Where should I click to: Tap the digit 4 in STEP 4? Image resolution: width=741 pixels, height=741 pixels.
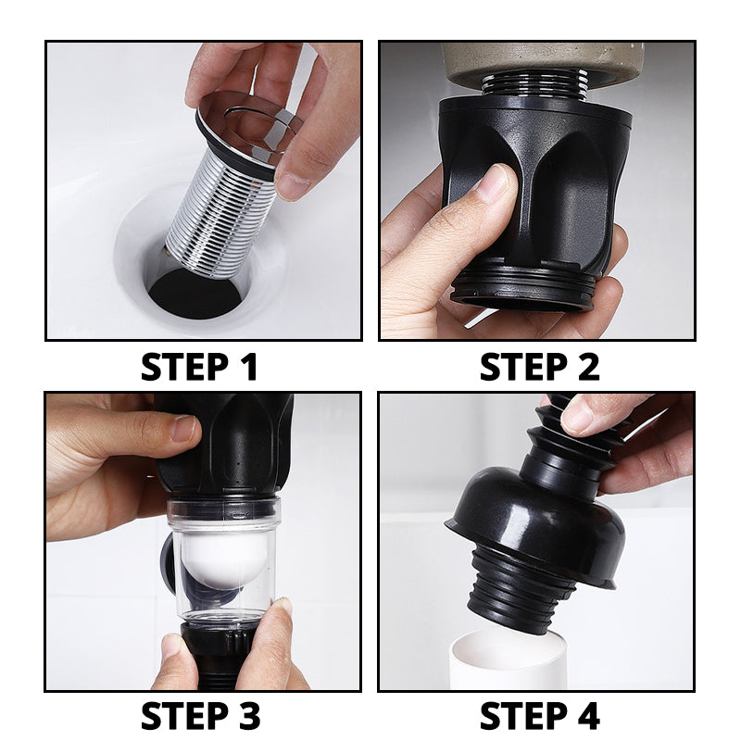click(586, 716)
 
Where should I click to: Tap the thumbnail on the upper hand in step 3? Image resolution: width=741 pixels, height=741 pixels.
click(183, 427)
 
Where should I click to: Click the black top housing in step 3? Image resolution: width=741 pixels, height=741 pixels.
click(232, 445)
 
